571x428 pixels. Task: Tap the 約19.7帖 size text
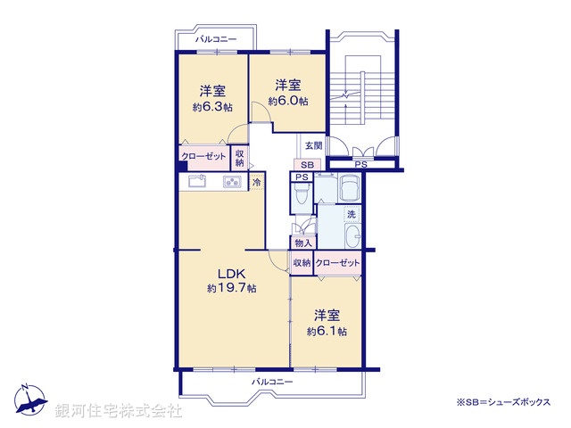click(232, 288)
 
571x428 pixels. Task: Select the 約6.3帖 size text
click(211, 106)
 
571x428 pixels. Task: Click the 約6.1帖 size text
click(326, 331)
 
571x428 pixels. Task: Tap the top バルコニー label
click(216, 40)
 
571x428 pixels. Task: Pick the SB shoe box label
click(306, 166)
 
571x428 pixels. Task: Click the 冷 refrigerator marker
click(257, 183)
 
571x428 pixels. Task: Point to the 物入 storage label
click(302, 243)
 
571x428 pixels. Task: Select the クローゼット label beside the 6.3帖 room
click(204, 157)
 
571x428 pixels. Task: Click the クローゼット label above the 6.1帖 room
click(337, 262)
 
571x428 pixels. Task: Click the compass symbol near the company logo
click(29, 399)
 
